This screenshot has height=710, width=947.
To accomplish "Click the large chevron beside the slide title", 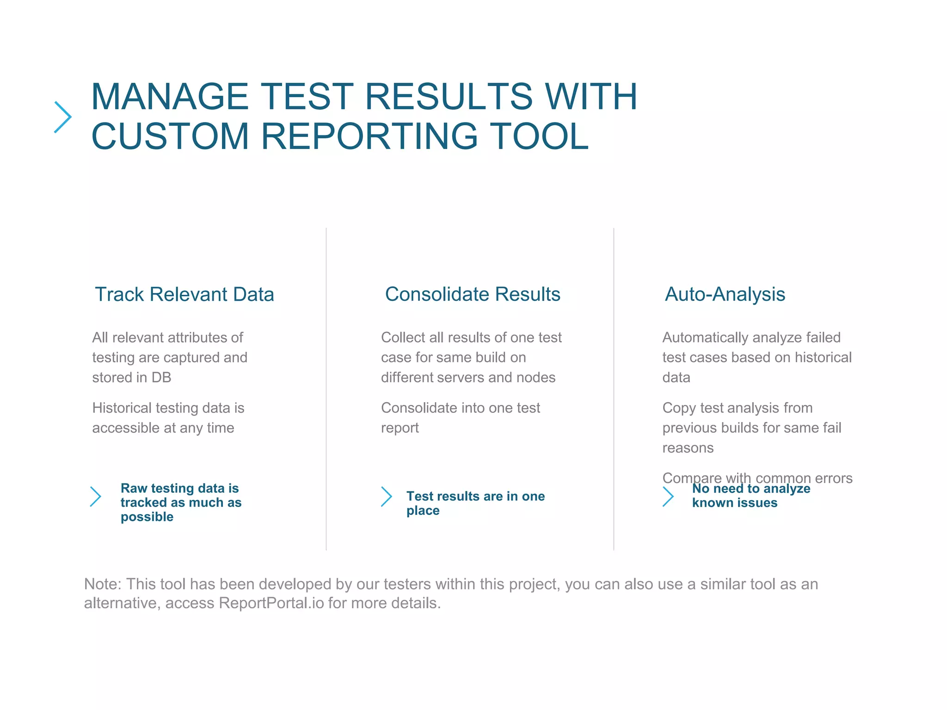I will pos(63,117).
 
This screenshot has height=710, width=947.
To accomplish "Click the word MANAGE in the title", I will pos(170,97).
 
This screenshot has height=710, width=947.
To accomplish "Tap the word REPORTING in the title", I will pos(369,136).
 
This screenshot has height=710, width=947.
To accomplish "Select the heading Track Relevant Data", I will pos(184,294).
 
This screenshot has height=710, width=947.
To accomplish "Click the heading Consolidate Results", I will pos(472,294).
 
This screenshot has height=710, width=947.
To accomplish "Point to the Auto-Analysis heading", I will pos(725,294).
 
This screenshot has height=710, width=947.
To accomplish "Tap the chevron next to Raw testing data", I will pos(96,496).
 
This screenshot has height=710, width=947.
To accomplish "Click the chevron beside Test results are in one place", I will pos(387,496).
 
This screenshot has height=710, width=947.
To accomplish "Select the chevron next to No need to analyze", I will pos(668,496).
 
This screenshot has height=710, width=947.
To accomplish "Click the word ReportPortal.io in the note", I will pos(271,603).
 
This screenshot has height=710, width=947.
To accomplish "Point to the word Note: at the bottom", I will pos(102,584).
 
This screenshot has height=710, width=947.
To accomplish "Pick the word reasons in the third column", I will pos(688,448).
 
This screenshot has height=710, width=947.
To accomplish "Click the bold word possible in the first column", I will pos(147,517).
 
